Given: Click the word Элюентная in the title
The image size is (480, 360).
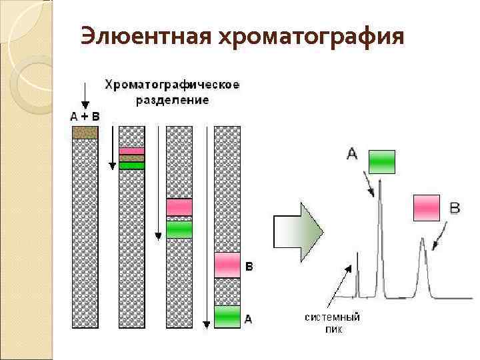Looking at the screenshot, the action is tap(143, 37).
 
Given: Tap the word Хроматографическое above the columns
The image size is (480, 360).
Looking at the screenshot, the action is tap(171, 85).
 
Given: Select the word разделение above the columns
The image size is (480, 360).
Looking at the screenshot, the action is tap(172, 100).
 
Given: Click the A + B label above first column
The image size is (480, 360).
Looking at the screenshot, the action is tap(85, 116).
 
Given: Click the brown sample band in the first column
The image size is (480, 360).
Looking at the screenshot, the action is tap(85, 133).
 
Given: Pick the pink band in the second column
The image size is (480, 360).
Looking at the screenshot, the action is tap(131, 151).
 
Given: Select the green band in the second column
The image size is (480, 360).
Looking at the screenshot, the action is tap(131, 165).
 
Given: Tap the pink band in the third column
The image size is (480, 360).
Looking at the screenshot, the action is tap(179, 207).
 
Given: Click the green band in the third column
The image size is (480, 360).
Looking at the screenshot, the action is tap(179, 229).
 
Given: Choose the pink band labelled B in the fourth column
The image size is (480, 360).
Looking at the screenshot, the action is tap(227, 265).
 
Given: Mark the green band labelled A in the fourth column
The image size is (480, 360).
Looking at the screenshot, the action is tap(227, 314).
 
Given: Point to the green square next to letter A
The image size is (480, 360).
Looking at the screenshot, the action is tap(382, 161).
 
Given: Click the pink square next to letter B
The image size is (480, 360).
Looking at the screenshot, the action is tap(427, 207).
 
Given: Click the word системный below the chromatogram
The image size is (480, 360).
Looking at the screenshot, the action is tap(333, 317).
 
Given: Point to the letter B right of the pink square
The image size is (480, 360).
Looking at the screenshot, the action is tap(455, 209).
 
